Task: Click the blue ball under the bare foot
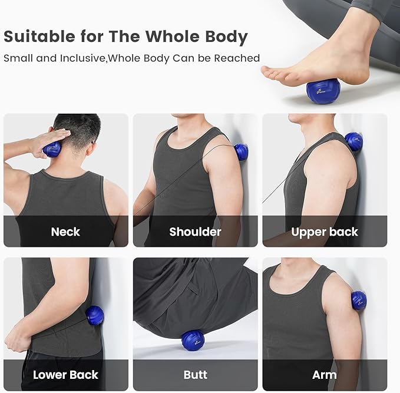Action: coord(323,91)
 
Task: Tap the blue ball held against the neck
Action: coord(52,149)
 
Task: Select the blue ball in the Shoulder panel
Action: coord(241,152)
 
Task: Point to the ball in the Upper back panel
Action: coord(353,141)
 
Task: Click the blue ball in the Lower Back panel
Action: coord(94,316)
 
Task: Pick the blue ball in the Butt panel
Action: coord(193,340)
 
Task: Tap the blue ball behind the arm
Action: coord(359,300)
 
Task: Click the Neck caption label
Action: coord(65,232)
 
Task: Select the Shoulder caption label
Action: coord(195,232)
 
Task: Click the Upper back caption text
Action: coord(325,232)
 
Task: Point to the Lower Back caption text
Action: coord(65,375)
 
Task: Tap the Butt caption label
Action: coord(196,375)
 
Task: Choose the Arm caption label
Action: coord(325,375)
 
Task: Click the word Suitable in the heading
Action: coord(39,37)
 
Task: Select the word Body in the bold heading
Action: coord(227,37)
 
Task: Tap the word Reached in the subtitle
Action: coord(237,58)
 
